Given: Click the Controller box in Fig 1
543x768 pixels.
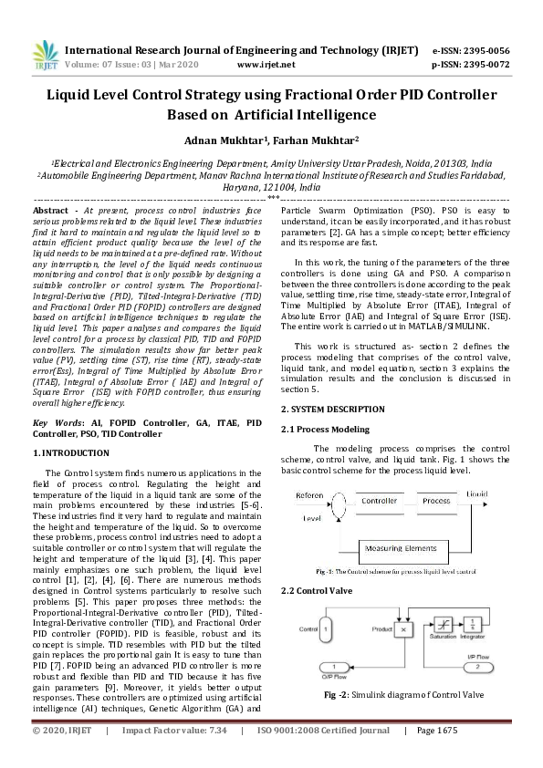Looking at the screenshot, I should [379, 502].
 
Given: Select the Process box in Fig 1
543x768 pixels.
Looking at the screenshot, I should [436, 502].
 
